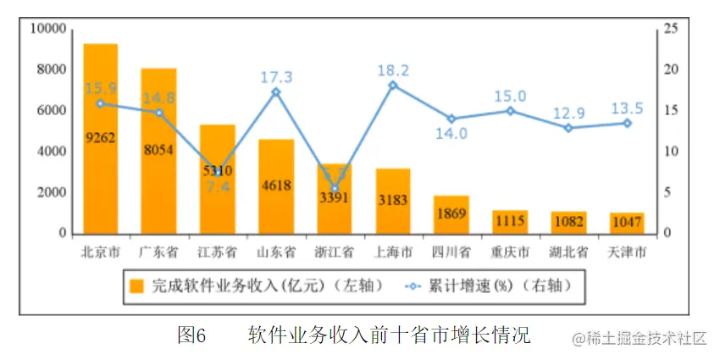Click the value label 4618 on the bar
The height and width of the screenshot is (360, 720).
[x=276, y=186]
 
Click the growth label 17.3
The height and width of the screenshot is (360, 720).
[x=276, y=77]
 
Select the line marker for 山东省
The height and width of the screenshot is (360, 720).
[x=276, y=91]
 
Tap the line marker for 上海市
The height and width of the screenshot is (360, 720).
[x=393, y=85]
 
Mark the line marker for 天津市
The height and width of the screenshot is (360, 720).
[x=628, y=123]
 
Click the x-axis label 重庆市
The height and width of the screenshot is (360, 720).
[x=510, y=252]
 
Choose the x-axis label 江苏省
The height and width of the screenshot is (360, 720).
[x=217, y=252]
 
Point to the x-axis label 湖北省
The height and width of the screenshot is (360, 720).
[x=568, y=252]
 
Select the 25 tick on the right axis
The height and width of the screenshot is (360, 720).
[x=672, y=29]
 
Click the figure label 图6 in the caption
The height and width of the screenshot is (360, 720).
[x=192, y=335]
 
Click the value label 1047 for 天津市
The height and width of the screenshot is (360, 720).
[x=628, y=220]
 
